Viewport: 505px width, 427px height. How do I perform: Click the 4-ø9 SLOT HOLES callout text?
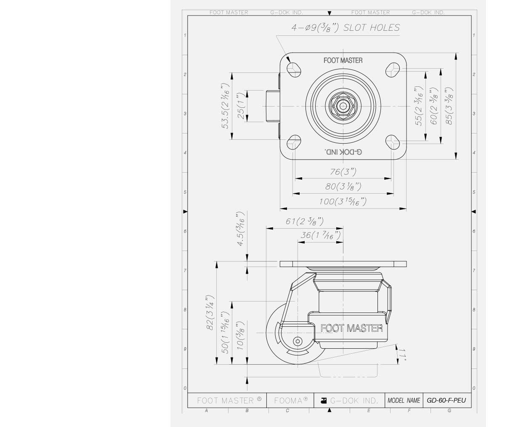346,28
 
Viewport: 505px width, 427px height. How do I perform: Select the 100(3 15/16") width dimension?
343,201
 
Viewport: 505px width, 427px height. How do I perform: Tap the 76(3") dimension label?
343,172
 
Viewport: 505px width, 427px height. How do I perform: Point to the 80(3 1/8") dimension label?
343,187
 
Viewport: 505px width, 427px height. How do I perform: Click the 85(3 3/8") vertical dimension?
449,106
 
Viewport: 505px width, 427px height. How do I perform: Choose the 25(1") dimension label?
241,106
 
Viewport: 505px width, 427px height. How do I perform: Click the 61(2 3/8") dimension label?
304,221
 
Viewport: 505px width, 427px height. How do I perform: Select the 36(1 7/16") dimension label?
320,235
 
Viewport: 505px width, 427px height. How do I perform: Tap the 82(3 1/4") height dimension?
210,312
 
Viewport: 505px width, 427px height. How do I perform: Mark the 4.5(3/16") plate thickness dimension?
241,230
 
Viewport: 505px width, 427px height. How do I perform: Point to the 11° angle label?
403,355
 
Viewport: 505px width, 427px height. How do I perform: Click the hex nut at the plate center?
343,105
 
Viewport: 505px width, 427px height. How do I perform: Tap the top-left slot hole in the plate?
293,68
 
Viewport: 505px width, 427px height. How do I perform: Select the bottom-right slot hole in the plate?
393,142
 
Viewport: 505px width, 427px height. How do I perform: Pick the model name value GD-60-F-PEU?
446,400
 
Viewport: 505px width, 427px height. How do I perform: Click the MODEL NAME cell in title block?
404,400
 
